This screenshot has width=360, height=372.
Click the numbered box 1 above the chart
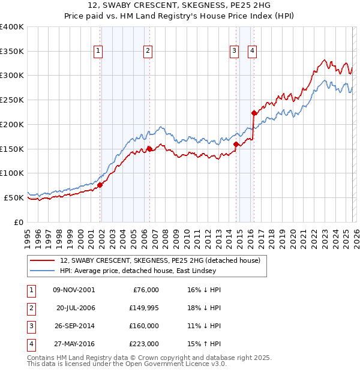click(x=98, y=52)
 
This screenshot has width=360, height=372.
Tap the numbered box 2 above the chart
click(x=147, y=52)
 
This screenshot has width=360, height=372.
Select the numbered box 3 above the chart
click(x=234, y=52)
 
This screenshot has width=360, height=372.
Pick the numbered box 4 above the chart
click(x=253, y=52)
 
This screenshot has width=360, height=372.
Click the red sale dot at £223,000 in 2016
click(x=254, y=113)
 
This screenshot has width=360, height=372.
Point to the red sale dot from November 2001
click(x=100, y=185)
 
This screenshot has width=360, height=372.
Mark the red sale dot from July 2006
click(x=149, y=149)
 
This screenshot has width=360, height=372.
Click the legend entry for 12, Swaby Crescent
click(x=160, y=261)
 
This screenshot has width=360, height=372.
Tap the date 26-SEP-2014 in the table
click(x=74, y=326)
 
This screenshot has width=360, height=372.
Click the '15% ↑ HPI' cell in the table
click(x=204, y=344)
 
